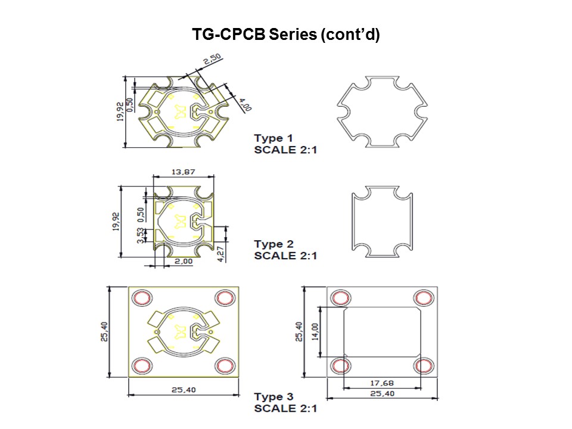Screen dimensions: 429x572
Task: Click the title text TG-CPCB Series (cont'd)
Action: click(285, 35)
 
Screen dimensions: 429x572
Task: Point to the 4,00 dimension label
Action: click(244, 104)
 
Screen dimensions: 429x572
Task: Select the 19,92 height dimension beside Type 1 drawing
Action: click(120, 111)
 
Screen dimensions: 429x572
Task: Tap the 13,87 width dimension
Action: click(183, 172)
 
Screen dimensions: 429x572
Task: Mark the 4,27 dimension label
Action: click(221, 253)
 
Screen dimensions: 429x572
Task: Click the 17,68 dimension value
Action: click(381, 383)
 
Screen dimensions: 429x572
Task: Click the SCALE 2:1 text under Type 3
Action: click(285, 408)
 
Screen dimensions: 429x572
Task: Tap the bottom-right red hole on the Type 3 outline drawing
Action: click(424, 366)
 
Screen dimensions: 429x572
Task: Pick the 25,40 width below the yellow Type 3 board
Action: click(183, 390)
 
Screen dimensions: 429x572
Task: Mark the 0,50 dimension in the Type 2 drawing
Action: click(141, 213)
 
